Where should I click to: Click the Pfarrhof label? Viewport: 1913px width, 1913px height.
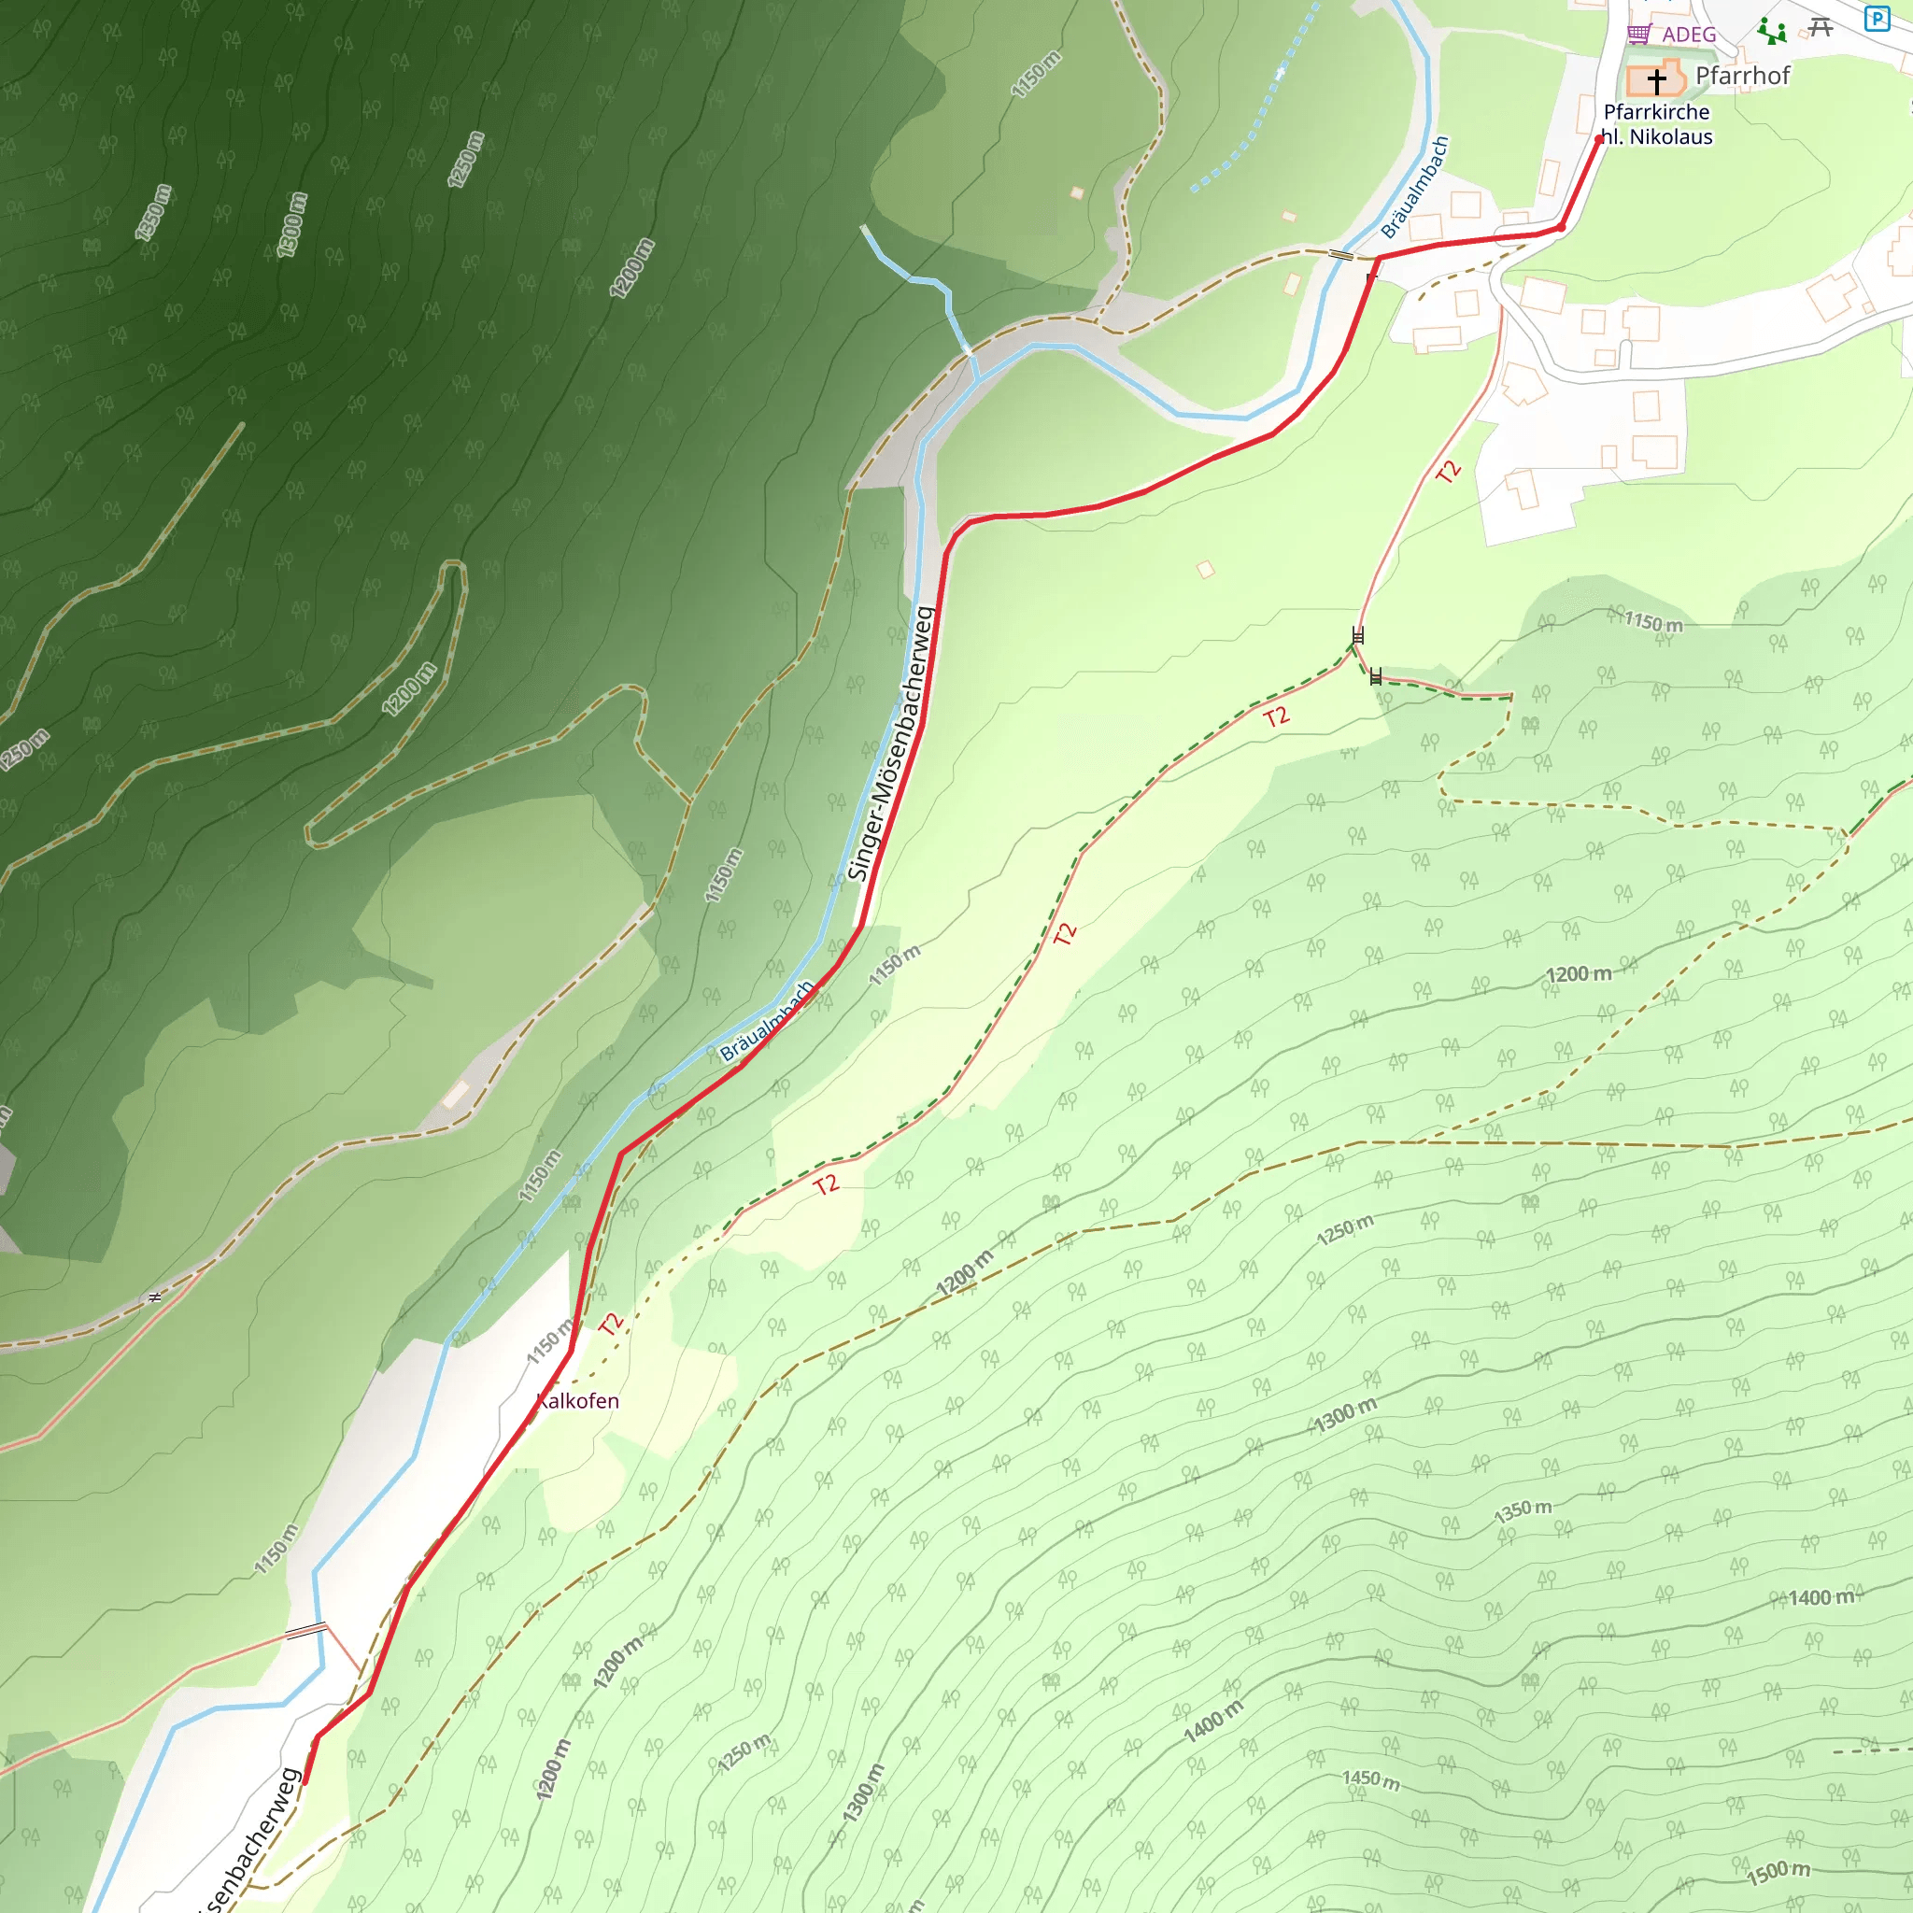click(x=1742, y=76)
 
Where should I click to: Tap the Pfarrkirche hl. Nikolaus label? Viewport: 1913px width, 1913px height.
click(x=1656, y=125)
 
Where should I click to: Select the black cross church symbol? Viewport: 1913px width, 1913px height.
click(x=1656, y=80)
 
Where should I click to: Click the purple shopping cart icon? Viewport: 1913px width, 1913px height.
click(x=1638, y=34)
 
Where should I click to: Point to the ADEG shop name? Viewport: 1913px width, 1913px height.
click(x=1688, y=35)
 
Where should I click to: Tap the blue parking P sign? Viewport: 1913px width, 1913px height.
click(x=1877, y=18)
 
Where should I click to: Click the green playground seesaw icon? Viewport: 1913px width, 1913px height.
click(x=1771, y=32)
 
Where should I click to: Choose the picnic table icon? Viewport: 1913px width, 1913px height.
click(x=1820, y=27)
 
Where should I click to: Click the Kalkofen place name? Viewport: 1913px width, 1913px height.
click(x=577, y=1401)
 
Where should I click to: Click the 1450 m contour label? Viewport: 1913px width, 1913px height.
click(x=1370, y=1780)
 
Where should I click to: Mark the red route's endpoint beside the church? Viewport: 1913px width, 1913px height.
click(x=1599, y=139)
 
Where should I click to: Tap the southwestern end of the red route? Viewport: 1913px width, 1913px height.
click(x=305, y=1782)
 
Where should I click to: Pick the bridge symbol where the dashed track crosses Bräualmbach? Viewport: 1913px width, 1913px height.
click(x=1340, y=255)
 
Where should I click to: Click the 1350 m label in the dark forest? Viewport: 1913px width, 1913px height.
click(x=153, y=212)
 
